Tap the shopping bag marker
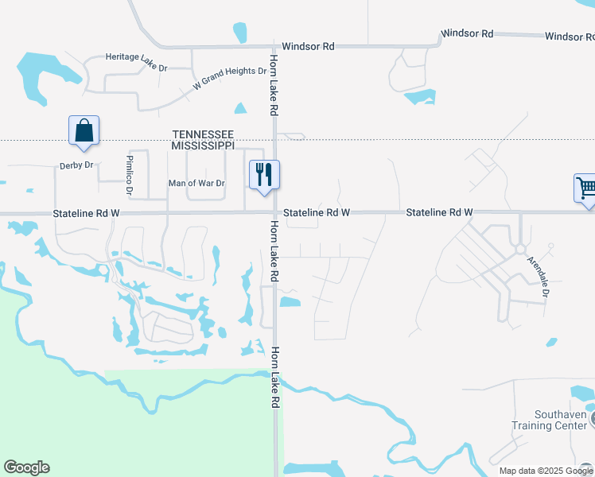pos(84,130)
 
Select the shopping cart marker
pos(586,189)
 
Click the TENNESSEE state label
pos(204,134)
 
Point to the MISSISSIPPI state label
pos(204,145)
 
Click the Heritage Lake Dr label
pos(136,57)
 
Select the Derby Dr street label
pos(76,165)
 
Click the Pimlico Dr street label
pos(129,176)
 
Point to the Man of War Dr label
pos(196,184)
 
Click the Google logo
pos(26,467)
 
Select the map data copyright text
pos(546,471)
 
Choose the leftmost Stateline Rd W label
pos(86,214)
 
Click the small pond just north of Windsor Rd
pos(239,33)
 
